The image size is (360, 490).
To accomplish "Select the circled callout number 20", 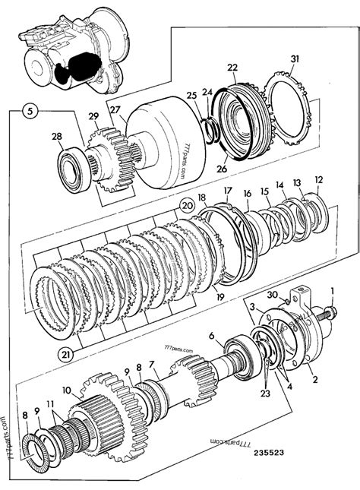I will pos(185,205).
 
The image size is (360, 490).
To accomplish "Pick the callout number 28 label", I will pos(56,137).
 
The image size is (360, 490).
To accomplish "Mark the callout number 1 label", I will pos(331,289).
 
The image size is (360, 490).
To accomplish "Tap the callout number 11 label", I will pos(50,404).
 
